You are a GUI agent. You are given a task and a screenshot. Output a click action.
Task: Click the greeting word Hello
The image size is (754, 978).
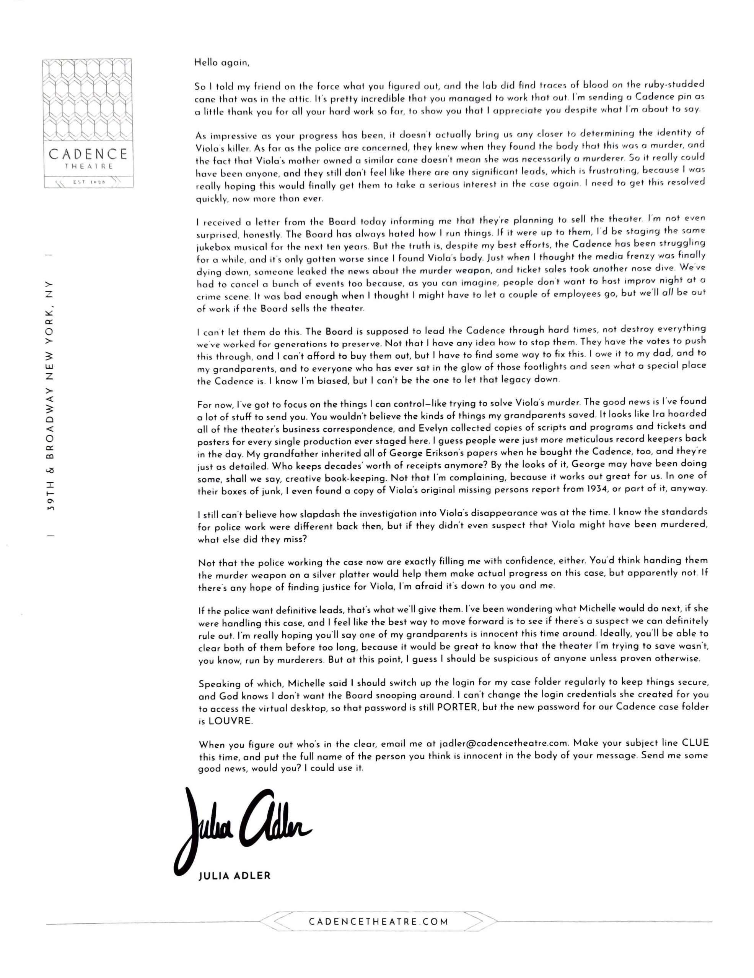[205, 62]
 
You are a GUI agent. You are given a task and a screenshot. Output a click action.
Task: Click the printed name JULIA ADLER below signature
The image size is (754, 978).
[235, 876]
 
